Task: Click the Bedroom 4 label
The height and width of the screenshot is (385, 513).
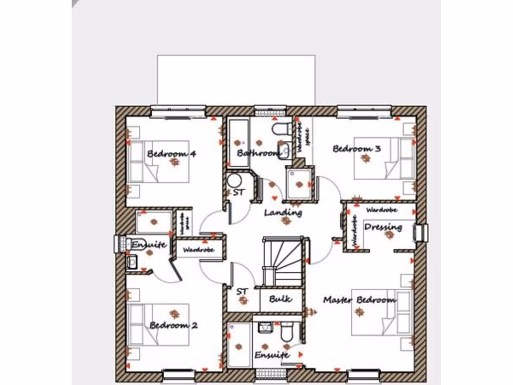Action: tap(171, 153)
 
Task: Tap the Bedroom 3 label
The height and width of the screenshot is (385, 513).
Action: tap(357, 148)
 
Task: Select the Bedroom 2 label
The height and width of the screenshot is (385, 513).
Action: tap(173, 325)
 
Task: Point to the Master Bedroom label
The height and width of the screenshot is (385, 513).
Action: tap(359, 300)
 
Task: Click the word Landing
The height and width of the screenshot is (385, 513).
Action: tap(283, 213)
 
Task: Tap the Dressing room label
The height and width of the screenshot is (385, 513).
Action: tap(383, 227)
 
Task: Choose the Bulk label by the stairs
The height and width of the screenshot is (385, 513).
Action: tap(281, 299)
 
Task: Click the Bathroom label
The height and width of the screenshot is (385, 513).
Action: tap(259, 153)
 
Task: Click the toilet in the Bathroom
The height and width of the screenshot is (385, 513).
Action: tap(282, 129)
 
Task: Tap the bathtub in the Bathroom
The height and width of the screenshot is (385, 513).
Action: tap(237, 142)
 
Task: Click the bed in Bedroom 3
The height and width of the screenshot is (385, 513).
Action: tap(384, 158)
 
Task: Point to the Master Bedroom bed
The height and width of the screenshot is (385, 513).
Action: tap(381, 312)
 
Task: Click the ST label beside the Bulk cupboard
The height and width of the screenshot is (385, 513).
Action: tap(242, 291)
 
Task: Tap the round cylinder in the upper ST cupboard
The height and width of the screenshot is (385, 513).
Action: tap(234, 181)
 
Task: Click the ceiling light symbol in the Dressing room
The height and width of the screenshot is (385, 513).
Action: tap(389, 235)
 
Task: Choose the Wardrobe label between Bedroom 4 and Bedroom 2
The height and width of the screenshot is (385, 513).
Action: tap(198, 250)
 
